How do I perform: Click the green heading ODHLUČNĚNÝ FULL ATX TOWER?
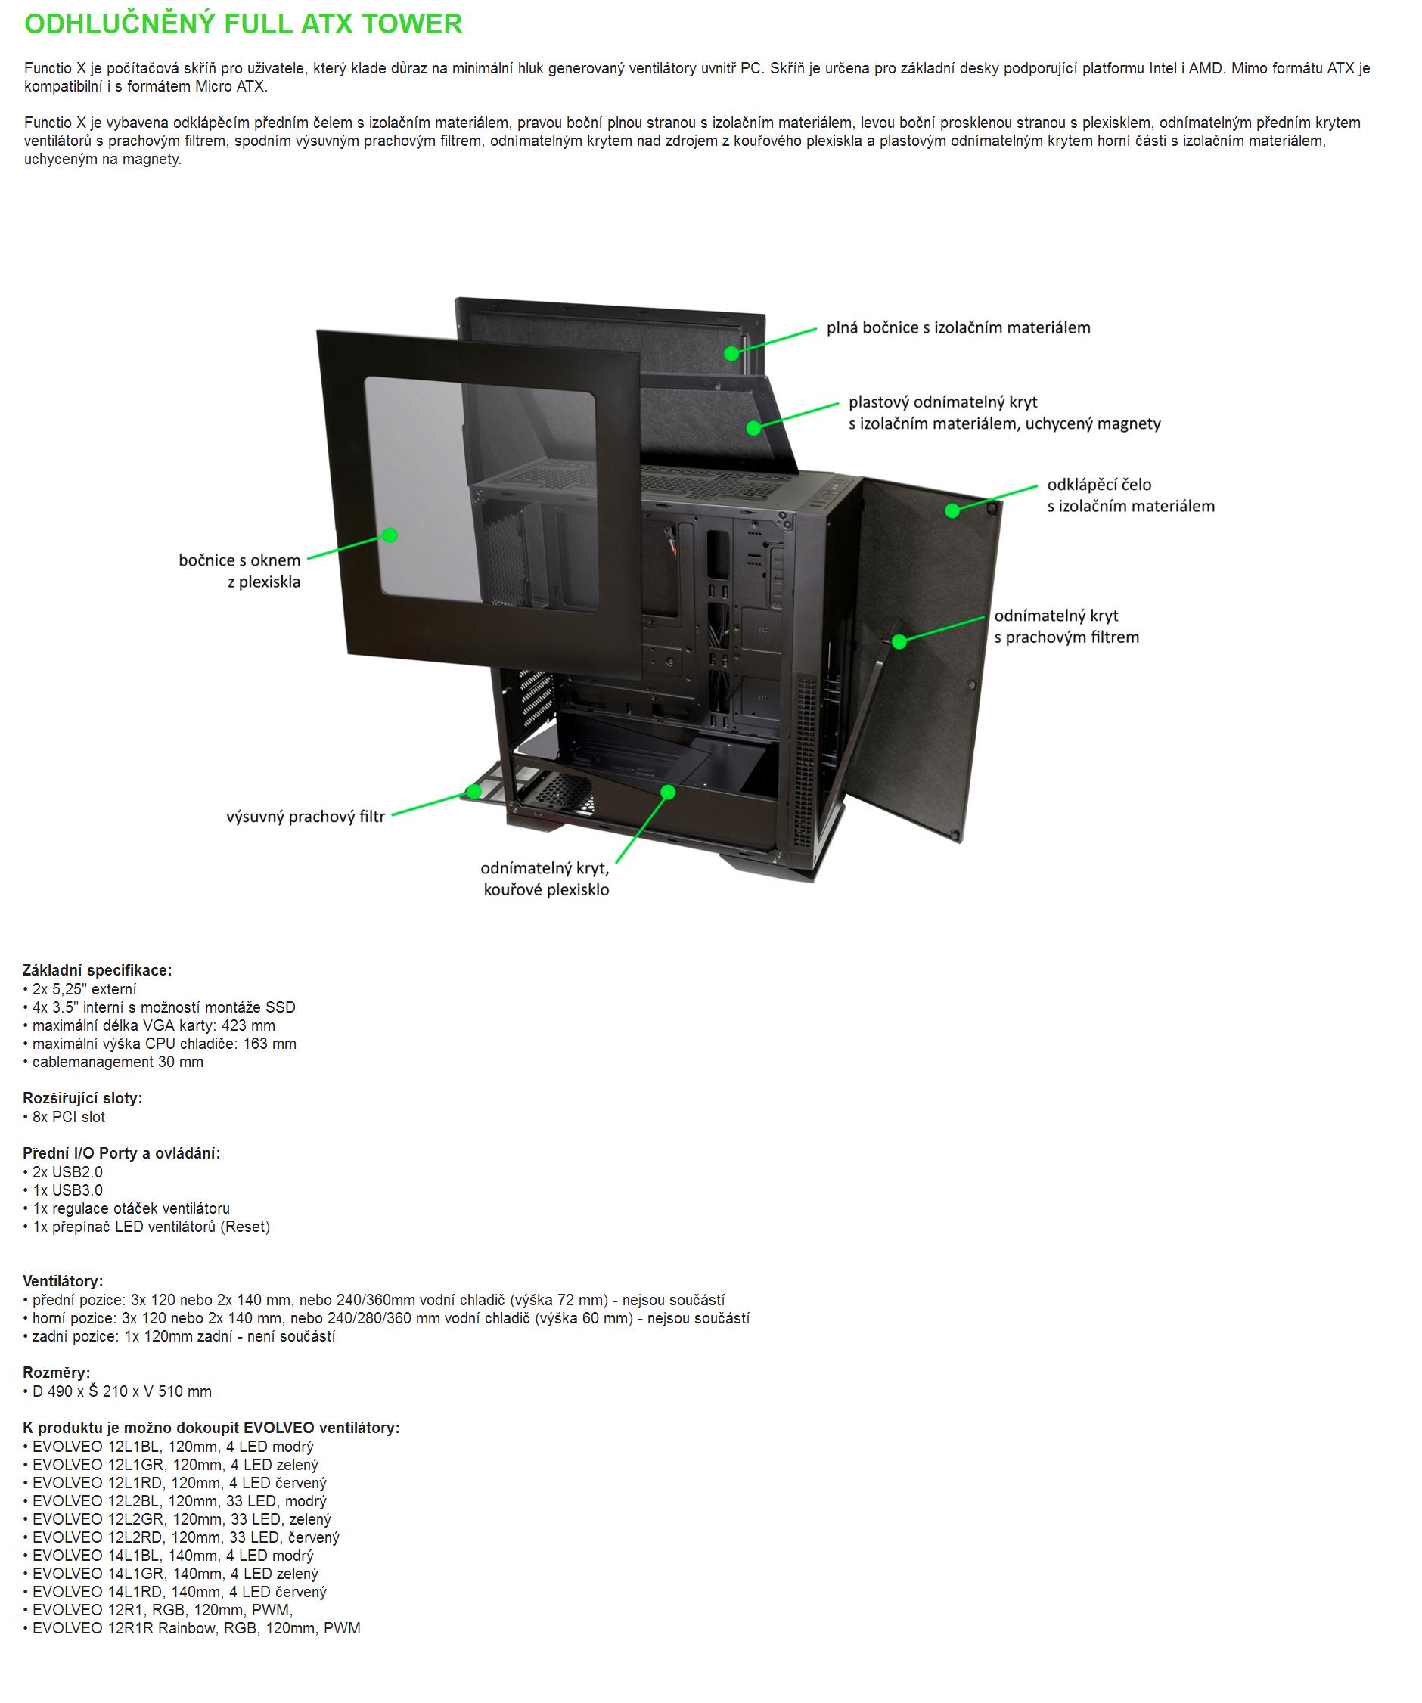pos(244,24)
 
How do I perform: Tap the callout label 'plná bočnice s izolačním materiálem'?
pos(958,327)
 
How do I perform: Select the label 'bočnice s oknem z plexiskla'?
pos(239,570)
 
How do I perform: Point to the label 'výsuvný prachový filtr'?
pos(305,817)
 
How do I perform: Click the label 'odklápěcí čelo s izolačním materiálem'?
pos(1131,495)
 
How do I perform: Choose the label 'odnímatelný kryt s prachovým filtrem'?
pos(1066,626)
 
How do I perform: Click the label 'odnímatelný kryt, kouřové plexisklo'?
pos(545,879)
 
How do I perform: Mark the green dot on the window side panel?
pos(390,535)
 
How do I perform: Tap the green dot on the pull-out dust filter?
pos(473,791)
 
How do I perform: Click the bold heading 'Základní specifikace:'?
pos(98,971)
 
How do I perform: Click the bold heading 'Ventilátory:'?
pos(64,1281)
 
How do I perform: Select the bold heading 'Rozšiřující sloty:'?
pos(82,1098)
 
